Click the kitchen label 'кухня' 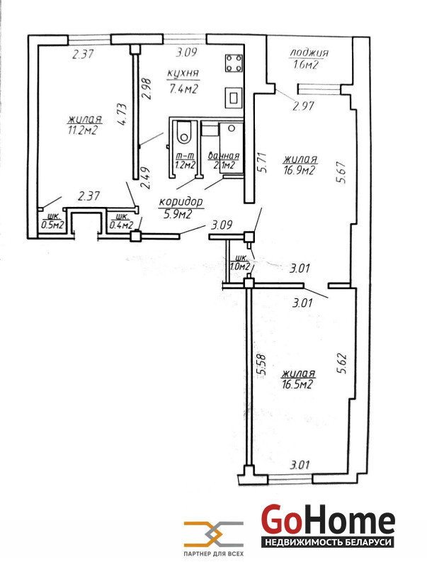pos(183,74)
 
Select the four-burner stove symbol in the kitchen pos(234,63)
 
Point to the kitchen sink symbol pos(234,98)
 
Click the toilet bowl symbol pos(184,133)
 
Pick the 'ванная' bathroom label pos(224,156)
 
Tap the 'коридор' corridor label pos(181,202)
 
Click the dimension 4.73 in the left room pos(122,114)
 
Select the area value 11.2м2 pos(84,130)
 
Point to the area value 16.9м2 pos(299,170)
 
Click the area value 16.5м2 pos(297,384)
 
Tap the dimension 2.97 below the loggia pos(304,106)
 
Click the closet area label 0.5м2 pos(52,225)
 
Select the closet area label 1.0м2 pos(241,267)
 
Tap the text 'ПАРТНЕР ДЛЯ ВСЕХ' pos(214,554)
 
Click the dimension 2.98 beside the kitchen pos(147,89)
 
